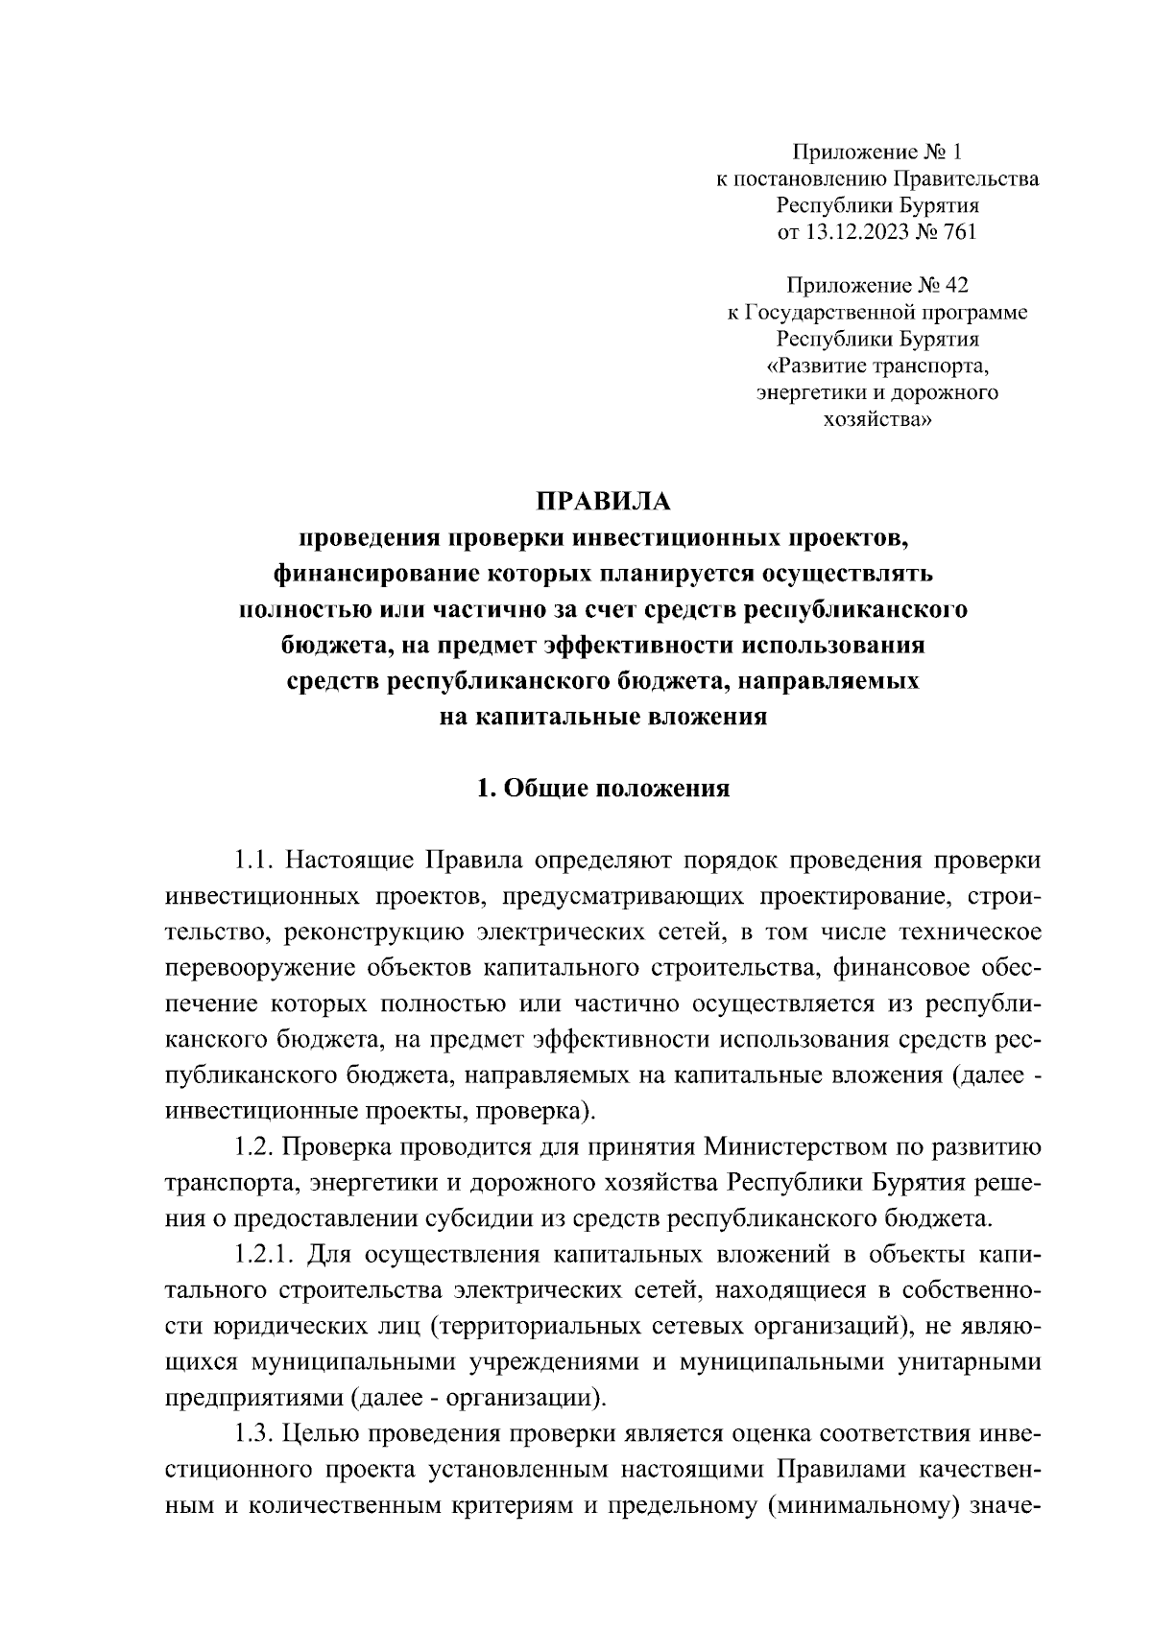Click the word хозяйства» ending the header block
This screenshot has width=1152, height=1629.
(877, 419)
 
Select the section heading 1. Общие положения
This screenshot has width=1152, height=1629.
(603, 789)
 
